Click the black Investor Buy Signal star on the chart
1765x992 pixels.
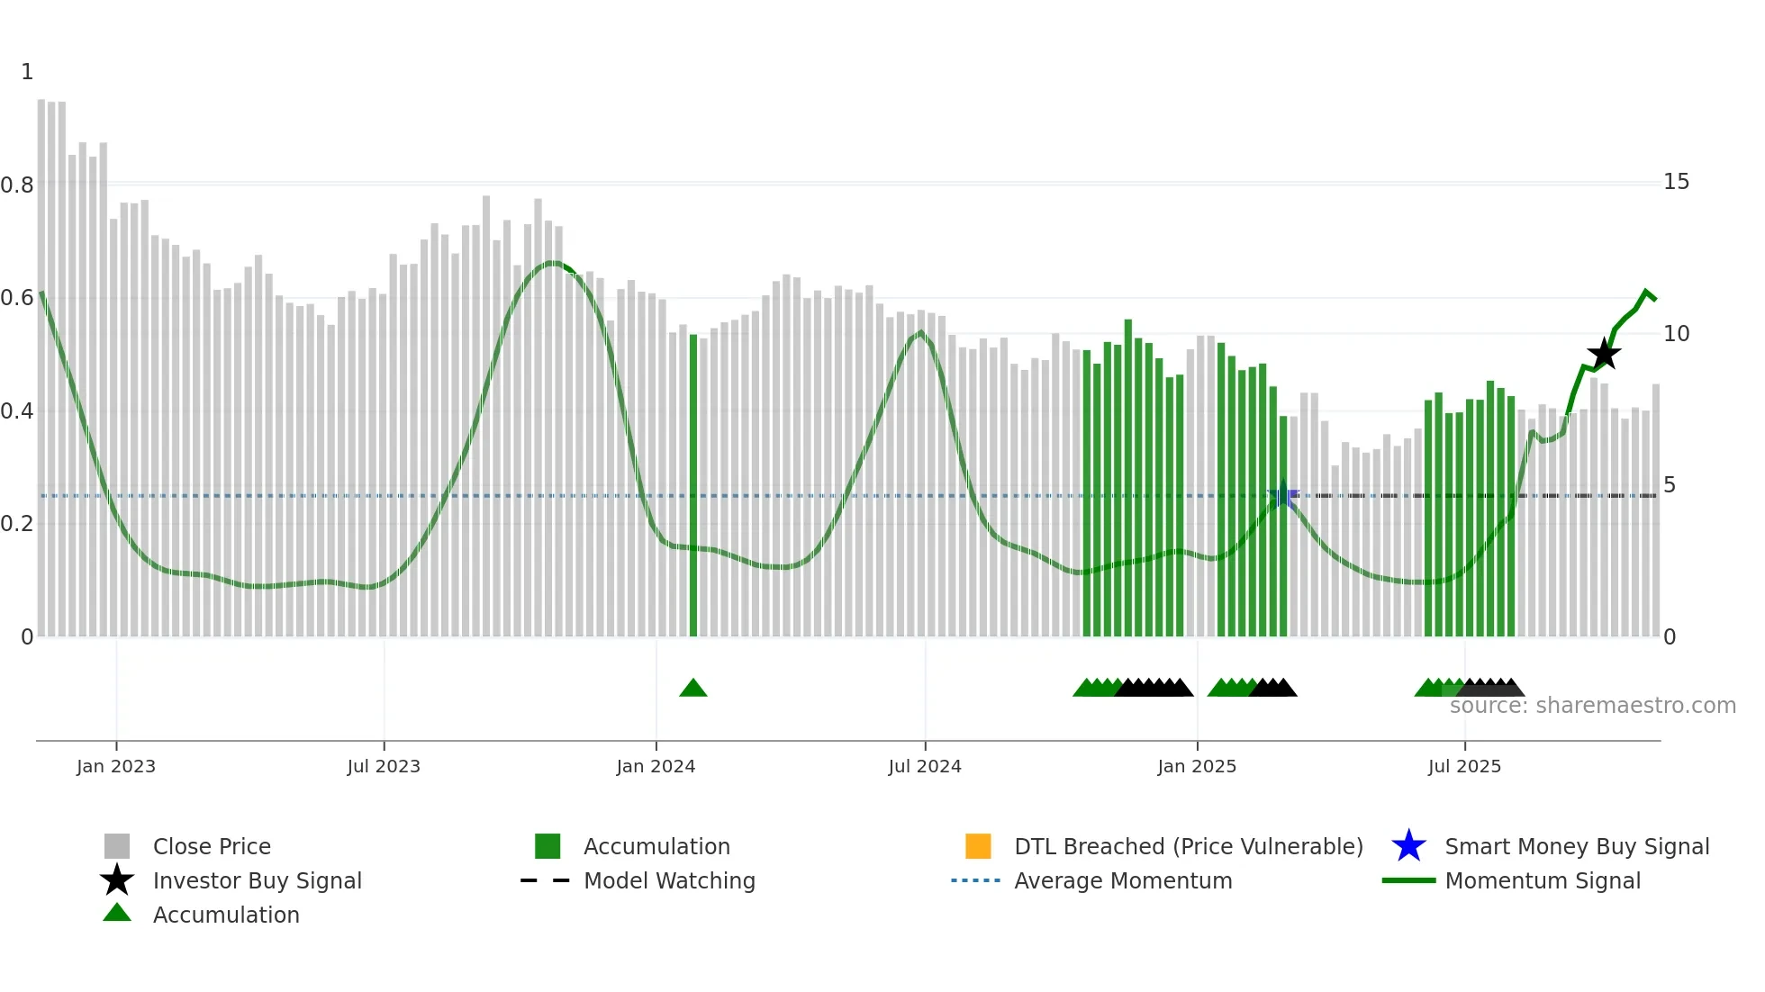(1604, 355)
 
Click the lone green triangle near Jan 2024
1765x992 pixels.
(692, 689)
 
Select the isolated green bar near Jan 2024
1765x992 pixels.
(693, 486)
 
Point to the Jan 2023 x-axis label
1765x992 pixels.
(116, 767)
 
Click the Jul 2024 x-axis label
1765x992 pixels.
(925, 767)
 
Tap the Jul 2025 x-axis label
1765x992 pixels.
(1464, 767)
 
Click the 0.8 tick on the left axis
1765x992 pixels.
(18, 185)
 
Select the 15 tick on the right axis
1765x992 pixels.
(1676, 182)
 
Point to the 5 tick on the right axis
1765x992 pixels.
(1670, 485)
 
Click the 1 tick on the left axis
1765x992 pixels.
(27, 72)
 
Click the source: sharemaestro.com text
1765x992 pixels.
(1592, 706)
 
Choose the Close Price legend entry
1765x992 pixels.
(212, 847)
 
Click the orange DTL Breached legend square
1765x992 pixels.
(978, 846)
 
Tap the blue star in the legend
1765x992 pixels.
(1408, 846)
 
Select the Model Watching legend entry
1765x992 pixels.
(669, 881)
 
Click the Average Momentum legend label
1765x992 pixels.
(1123, 881)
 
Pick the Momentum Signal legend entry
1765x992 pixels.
(1543, 881)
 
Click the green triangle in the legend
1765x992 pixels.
(117, 914)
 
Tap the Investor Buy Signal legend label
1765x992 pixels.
(258, 881)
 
